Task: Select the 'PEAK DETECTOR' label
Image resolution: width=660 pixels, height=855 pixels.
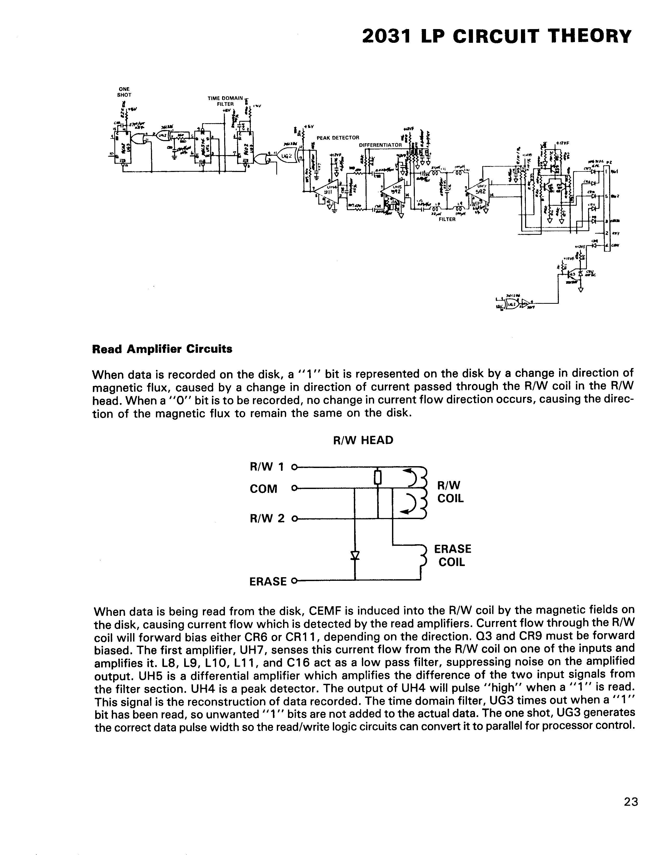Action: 338,138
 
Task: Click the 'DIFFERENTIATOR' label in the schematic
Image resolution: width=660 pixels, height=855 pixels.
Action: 380,145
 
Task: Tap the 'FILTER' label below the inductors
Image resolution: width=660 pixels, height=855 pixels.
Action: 447,219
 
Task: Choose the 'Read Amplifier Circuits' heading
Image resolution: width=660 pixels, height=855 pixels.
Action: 162,349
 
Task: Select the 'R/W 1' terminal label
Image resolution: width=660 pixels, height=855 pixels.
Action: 267,467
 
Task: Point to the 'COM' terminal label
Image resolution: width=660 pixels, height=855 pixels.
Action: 263,488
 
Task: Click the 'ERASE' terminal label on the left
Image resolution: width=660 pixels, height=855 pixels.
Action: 268,581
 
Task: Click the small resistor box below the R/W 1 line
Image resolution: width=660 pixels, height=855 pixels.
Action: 377,477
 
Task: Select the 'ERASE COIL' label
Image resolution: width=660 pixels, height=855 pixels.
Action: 452,555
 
